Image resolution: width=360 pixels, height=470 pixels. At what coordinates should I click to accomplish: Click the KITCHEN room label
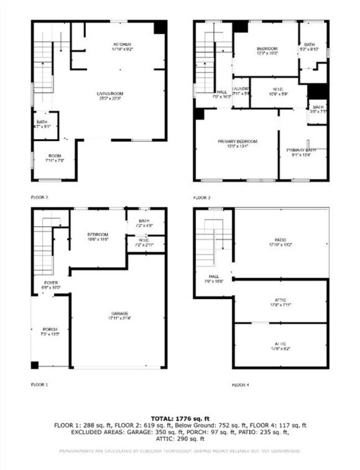pos(122,44)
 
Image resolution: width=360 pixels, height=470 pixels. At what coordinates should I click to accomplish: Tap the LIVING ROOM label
pos(109,94)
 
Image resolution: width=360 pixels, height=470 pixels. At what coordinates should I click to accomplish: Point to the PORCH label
pos(50,330)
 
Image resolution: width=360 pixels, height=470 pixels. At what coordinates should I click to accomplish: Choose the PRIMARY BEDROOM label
pos(237,142)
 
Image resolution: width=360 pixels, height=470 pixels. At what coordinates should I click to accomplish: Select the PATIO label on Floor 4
pos(281,240)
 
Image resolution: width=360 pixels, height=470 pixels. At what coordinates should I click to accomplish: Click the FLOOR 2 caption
pos(40,197)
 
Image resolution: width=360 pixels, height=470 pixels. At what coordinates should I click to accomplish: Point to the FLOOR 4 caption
pos(241,384)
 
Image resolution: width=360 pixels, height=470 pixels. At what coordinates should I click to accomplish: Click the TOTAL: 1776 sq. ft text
pos(179,417)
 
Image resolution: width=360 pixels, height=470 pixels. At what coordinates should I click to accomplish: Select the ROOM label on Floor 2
pos(54,156)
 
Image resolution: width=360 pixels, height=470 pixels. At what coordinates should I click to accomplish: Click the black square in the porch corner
pos(35,365)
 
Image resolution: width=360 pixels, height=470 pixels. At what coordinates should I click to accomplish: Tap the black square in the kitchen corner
pos(160,27)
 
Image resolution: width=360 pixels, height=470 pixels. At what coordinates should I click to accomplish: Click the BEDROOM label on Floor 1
pos(97,234)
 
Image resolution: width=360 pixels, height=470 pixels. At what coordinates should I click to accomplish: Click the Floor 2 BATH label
pos(42,122)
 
